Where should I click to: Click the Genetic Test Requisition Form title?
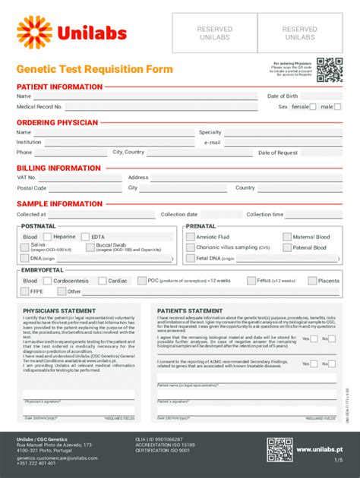(x=95, y=69)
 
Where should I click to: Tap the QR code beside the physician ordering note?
(x=329, y=68)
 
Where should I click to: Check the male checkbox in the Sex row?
(x=338, y=107)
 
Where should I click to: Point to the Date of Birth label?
(x=283, y=96)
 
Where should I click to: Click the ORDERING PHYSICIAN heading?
(x=58, y=122)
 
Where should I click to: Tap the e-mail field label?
(x=212, y=142)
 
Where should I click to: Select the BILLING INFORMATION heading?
(x=58, y=168)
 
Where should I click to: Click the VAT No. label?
(x=27, y=178)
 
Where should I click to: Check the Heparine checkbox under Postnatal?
(x=48, y=237)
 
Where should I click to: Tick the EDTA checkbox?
(x=85, y=237)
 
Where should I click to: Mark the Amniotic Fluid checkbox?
(x=190, y=237)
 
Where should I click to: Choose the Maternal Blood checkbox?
(x=286, y=237)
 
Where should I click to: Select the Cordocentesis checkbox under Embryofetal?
(x=48, y=281)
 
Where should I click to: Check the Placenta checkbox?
(x=311, y=281)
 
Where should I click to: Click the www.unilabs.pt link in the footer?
(x=318, y=450)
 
